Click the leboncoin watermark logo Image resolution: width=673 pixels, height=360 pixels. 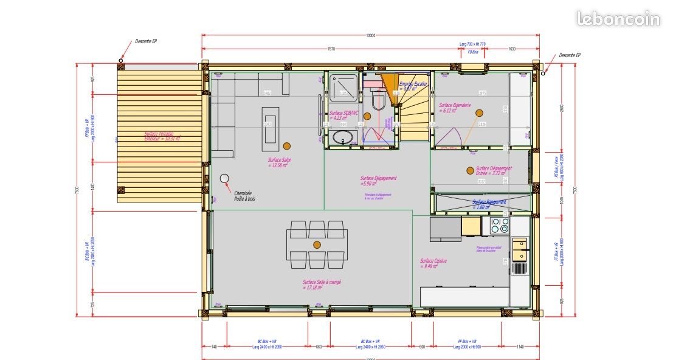pos(618,19)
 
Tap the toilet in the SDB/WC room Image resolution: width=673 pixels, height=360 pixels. pos(378,100)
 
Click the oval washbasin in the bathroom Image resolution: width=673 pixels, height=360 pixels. pos(342,137)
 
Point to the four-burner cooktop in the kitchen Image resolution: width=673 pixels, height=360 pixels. pos(500,226)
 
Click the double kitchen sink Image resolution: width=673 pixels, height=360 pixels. pos(519,244)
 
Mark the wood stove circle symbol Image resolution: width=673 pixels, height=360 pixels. pos(224,178)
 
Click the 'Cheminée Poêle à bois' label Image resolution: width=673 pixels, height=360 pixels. pos(245,196)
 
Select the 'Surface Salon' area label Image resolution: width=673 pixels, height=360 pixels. pos(280,162)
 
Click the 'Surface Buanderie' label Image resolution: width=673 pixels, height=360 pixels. pos(455,108)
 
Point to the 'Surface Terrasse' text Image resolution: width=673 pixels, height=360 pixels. pos(159,136)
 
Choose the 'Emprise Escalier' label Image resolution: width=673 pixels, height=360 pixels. pos(413,86)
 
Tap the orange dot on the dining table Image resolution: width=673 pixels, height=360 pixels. pos(317,244)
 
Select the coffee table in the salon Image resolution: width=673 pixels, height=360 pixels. pos(271,128)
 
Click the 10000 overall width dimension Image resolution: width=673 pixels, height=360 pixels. pos(371,36)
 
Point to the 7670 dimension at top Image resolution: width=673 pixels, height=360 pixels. pos(331,49)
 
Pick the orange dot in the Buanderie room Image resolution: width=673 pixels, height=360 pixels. pos(479,113)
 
